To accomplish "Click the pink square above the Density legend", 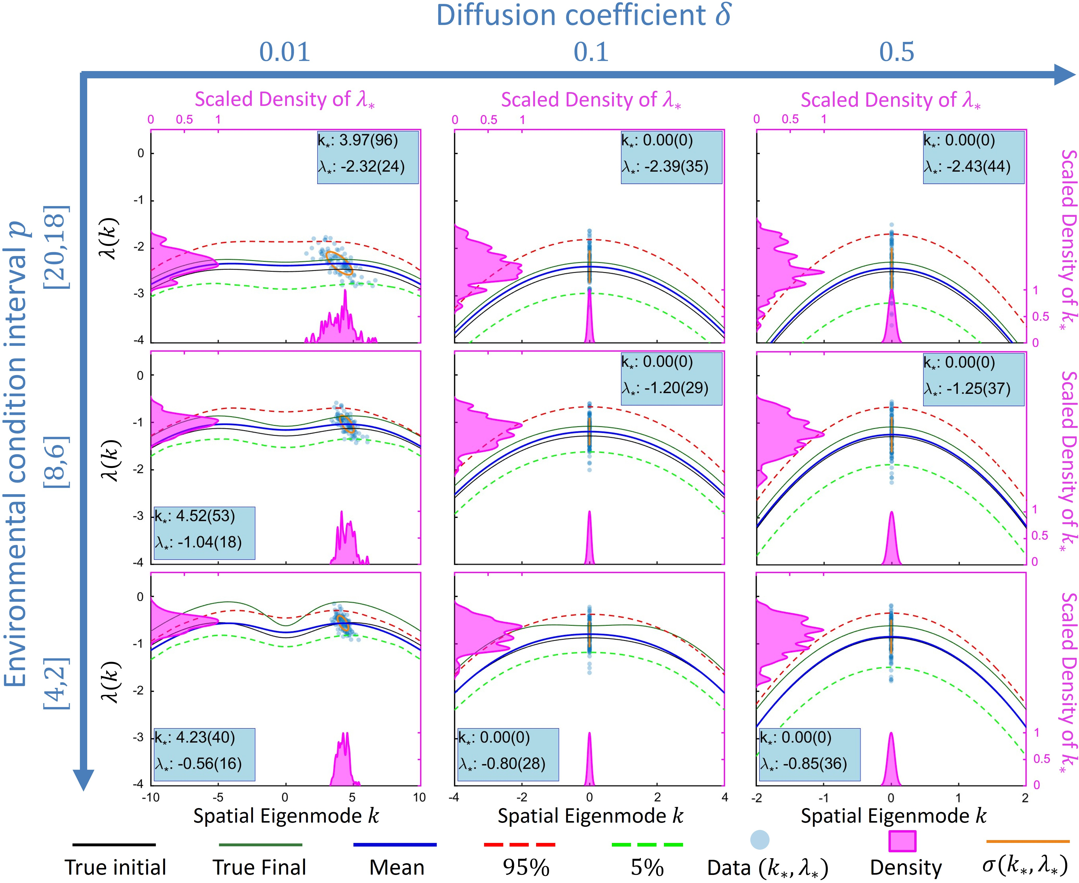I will pyautogui.click(x=902, y=841).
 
